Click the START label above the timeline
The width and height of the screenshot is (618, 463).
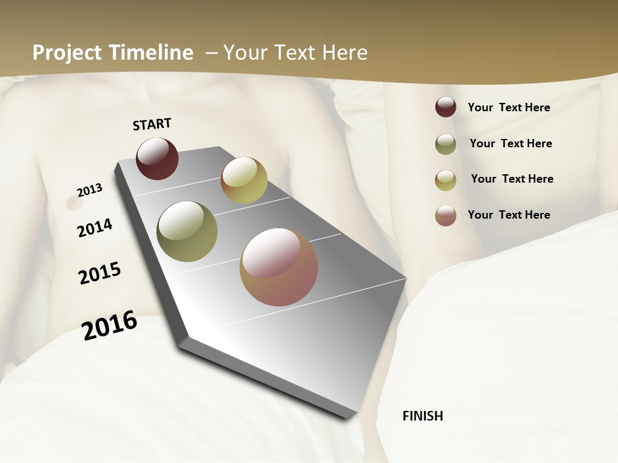click(152, 124)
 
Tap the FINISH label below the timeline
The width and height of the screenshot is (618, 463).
click(422, 416)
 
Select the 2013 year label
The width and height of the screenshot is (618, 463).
click(89, 190)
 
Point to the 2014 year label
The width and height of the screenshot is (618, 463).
click(95, 228)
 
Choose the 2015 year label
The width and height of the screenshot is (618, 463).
click(100, 273)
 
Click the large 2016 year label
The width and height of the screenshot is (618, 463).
click(109, 325)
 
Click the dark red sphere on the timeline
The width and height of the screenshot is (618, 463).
click(157, 158)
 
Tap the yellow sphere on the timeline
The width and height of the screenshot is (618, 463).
click(244, 180)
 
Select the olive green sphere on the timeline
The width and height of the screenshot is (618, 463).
click(187, 232)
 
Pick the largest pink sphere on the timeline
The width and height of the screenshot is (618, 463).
click(279, 267)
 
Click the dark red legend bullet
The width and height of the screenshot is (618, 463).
click(445, 107)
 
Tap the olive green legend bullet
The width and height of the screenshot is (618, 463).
click(445, 143)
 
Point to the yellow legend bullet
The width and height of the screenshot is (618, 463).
click(445, 179)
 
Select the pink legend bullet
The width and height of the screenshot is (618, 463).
click(445, 215)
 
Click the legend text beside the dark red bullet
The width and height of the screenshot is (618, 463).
click(509, 107)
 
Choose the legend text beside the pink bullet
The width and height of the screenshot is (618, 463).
click(509, 215)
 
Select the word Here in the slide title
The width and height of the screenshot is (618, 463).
click(344, 53)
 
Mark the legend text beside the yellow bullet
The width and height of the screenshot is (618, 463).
click(512, 179)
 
